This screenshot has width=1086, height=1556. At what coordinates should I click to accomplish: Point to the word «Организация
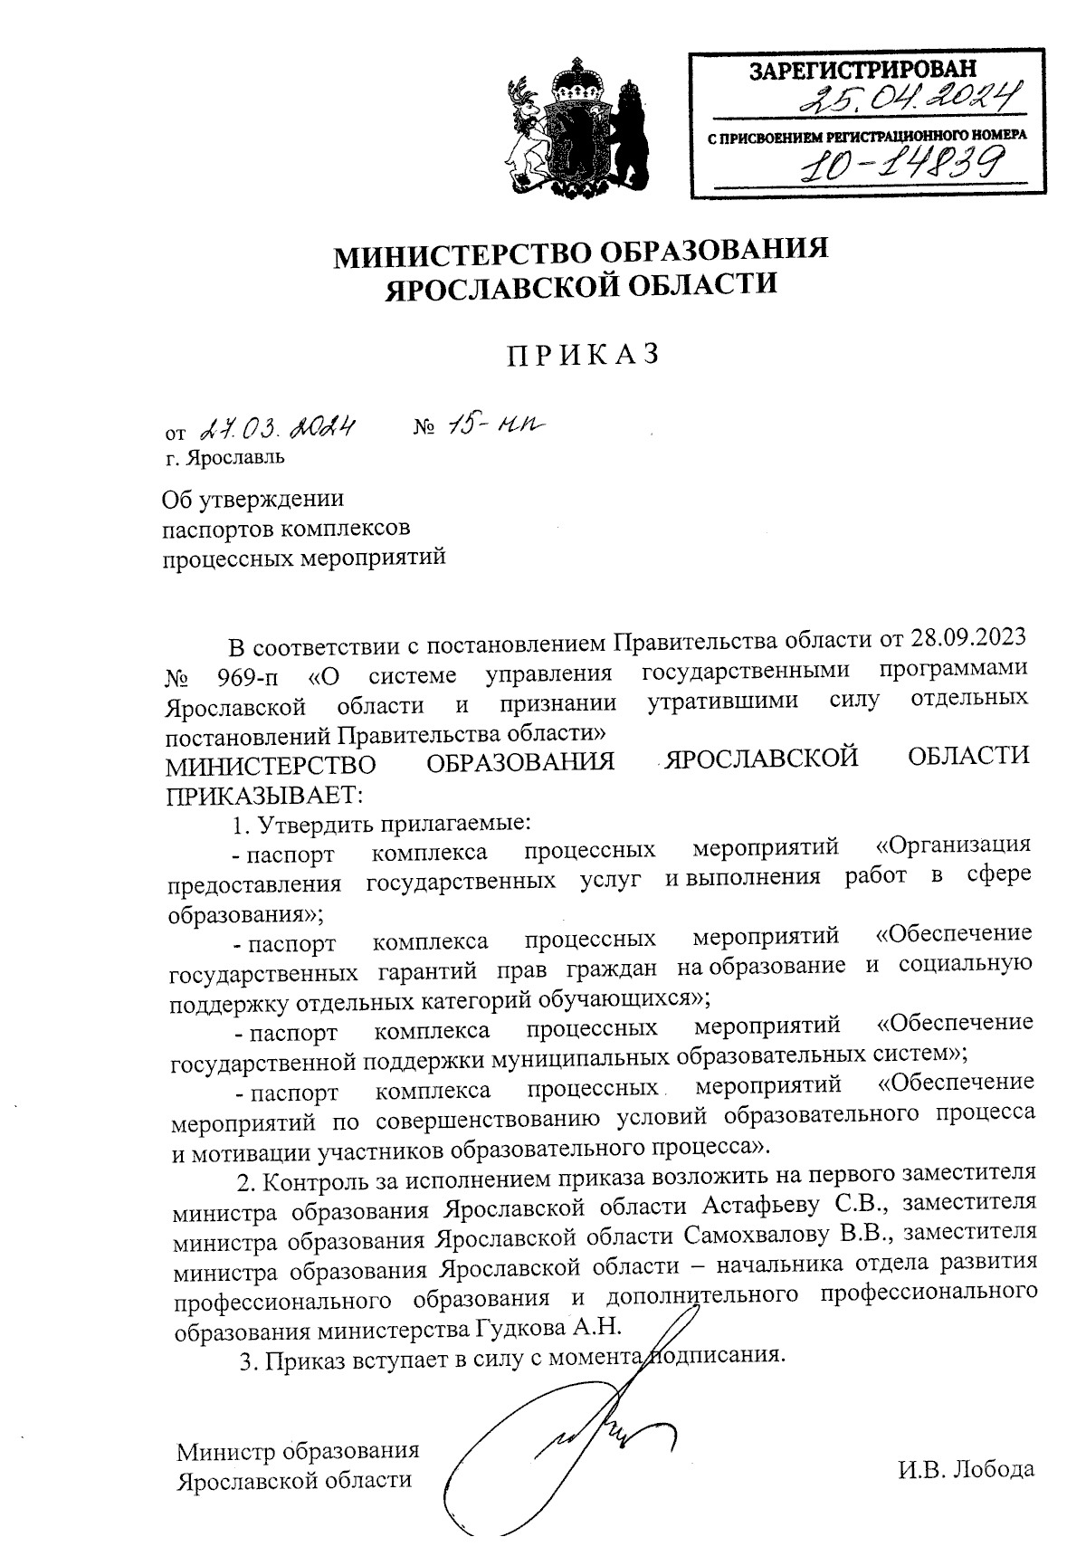[954, 845]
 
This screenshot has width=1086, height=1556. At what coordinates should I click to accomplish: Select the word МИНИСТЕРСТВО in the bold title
[446, 254]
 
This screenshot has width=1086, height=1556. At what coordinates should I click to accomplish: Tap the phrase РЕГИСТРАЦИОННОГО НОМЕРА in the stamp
[935, 137]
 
